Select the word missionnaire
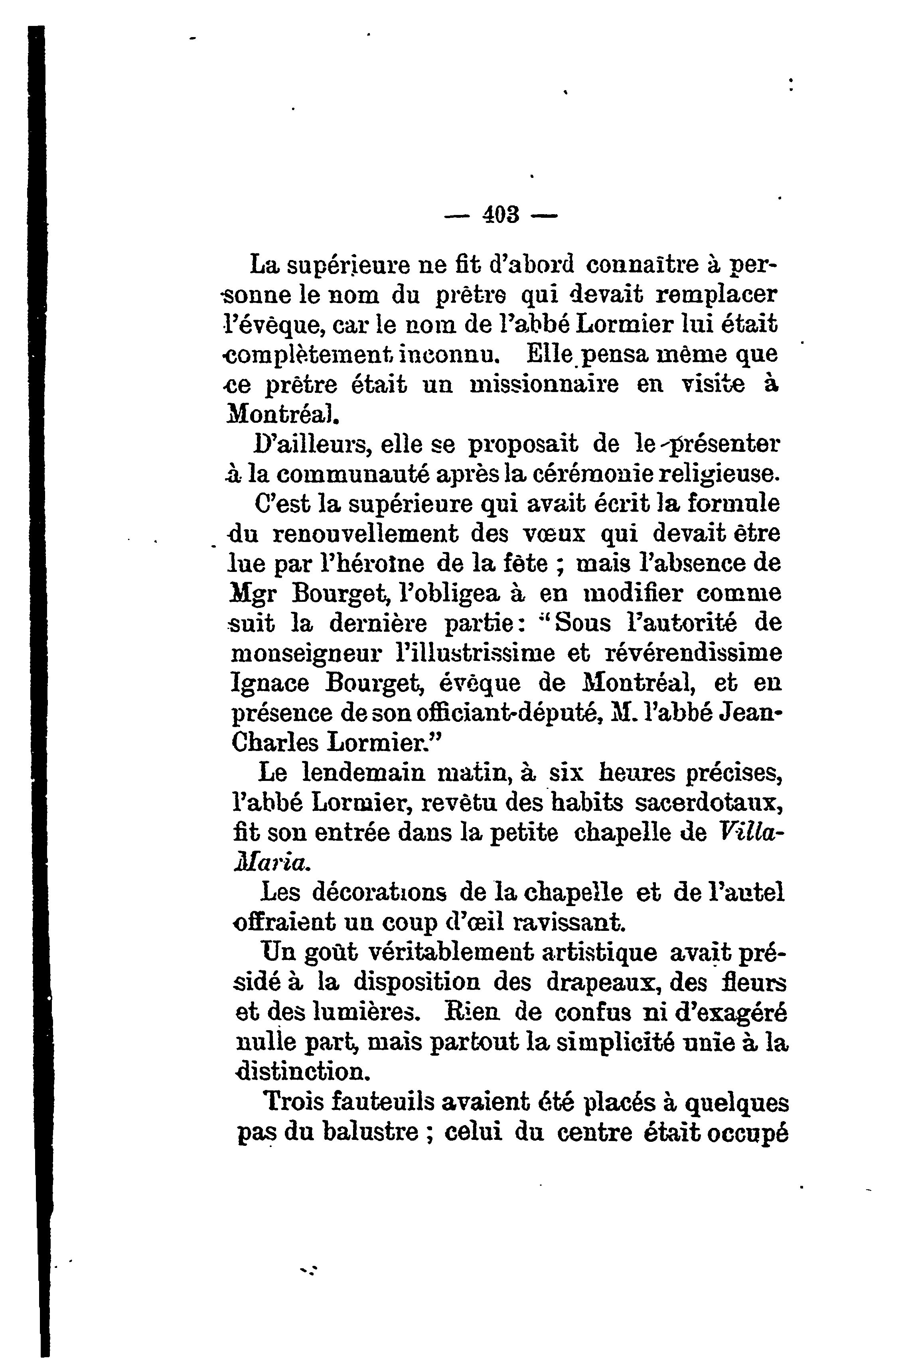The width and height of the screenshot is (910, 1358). (544, 384)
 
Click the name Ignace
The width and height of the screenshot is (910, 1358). (270, 683)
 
